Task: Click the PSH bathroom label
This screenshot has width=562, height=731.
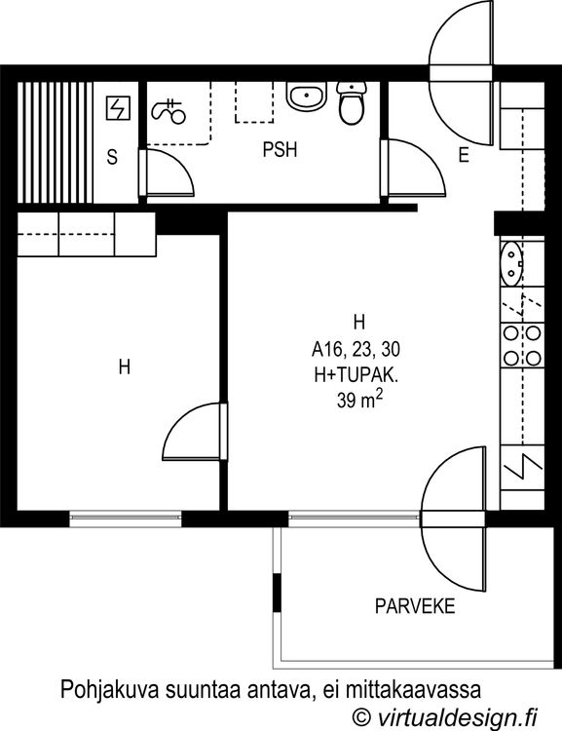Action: pyautogui.click(x=280, y=150)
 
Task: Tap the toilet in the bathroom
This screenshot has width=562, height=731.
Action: pyautogui.click(x=352, y=102)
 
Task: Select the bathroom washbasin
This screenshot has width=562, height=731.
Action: pyautogui.click(x=306, y=96)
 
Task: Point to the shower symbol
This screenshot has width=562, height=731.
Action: pyautogui.click(x=169, y=111)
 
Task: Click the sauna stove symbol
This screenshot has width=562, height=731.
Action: pyautogui.click(x=118, y=107)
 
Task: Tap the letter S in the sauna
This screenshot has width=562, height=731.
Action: pyautogui.click(x=112, y=157)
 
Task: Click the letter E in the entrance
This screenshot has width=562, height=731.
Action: pyautogui.click(x=464, y=155)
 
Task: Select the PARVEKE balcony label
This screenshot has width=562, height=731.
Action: pyautogui.click(x=415, y=606)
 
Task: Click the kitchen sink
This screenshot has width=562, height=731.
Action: pyautogui.click(x=511, y=262)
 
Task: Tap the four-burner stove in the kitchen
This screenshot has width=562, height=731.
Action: pyautogui.click(x=522, y=345)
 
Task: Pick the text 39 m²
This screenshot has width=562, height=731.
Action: pyautogui.click(x=359, y=400)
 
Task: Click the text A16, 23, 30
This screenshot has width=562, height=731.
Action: pyautogui.click(x=356, y=349)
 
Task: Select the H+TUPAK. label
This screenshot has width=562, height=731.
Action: pyautogui.click(x=356, y=375)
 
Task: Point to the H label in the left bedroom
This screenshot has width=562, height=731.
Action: pyautogui.click(x=125, y=366)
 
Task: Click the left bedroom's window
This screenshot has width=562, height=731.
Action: pyautogui.click(x=126, y=518)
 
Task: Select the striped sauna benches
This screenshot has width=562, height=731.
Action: pyautogui.click(x=55, y=142)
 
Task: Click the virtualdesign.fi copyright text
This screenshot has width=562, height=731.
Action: pyautogui.click(x=444, y=715)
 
